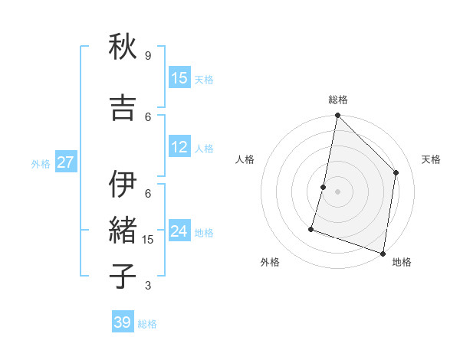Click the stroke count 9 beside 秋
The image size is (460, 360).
pyautogui.click(x=148, y=56)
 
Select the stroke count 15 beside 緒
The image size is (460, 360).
pyautogui.click(x=149, y=240)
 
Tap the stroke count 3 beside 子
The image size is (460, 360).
pyautogui.click(x=148, y=286)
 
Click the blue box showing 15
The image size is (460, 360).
pyautogui.click(x=179, y=78)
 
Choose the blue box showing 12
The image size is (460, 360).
pyautogui.click(x=179, y=147)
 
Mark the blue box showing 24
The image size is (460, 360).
pyautogui.click(x=179, y=231)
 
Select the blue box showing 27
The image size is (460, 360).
pyautogui.click(x=65, y=162)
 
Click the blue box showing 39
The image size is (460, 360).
pyautogui.click(x=123, y=322)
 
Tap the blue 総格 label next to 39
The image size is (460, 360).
pyautogui.click(x=148, y=324)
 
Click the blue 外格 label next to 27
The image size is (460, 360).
pyautogui.click(x=41, y=163)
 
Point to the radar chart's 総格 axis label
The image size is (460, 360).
pyautogui.click(x=337, y=100)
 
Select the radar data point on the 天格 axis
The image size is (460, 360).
pyautogui.click(x=396, y=172)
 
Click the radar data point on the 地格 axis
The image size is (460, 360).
pyautogui.click(x=383, y=253)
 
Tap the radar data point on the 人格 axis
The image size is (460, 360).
pyautogui.click(x=324, y=187)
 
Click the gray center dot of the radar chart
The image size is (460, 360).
pyautogui.click(x=337, y=191)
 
